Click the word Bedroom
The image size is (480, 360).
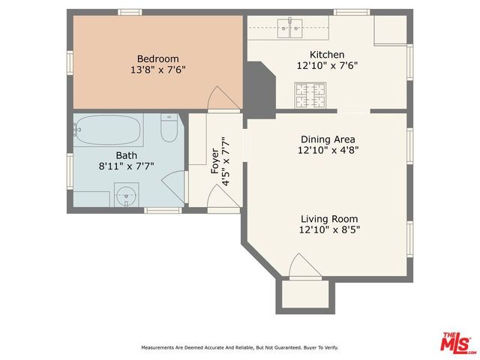tap(157, 58)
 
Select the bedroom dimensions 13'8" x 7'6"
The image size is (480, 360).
tap(157, 70)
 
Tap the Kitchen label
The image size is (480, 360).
tap(327, 55)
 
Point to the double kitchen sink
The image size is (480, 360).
tap(289, 28)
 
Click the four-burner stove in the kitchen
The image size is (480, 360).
tap(309, 94)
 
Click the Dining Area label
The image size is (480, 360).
tap(327, 139)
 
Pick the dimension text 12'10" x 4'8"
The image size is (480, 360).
tap(327, 150)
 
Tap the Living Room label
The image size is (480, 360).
tap(327, 218)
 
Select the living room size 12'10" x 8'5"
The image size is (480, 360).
tap(327, 229)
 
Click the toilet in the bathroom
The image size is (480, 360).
tap(169, 129)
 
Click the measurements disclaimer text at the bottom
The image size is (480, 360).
tap(240, 348)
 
